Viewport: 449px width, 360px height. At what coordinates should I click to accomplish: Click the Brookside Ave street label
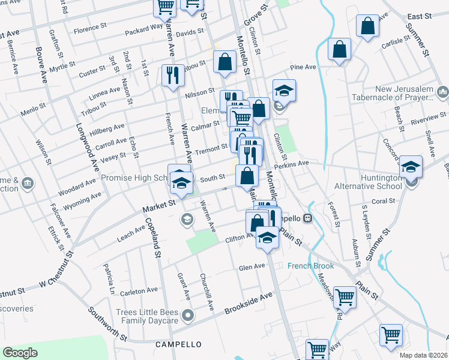(249, 304)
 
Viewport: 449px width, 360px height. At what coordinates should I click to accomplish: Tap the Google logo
(20, 353)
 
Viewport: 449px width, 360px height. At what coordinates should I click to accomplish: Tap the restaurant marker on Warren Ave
(172, 76)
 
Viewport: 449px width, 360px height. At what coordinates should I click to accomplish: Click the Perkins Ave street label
(291, 163)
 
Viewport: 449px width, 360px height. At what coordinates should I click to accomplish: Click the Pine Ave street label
(303, 68)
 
